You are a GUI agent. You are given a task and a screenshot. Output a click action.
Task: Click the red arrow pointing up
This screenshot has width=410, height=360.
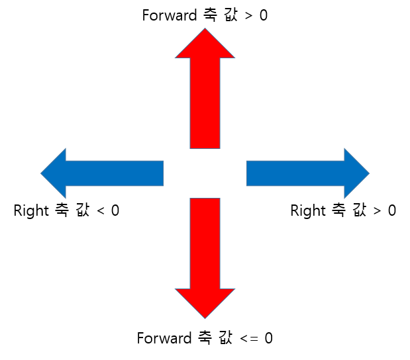205,99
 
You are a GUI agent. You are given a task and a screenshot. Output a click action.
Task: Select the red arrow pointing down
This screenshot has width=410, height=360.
205,245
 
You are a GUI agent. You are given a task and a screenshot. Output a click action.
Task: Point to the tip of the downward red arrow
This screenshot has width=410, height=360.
205,315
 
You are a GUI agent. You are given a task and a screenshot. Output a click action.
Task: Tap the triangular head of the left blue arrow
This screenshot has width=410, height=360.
55,173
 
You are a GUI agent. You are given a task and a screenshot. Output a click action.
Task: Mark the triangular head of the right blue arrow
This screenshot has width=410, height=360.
355,173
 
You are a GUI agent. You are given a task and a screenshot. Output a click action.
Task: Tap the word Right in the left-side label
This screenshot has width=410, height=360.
31,211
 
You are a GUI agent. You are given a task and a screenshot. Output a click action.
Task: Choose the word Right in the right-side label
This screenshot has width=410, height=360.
308,211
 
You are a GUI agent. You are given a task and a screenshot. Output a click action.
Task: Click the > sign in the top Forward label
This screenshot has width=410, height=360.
248,16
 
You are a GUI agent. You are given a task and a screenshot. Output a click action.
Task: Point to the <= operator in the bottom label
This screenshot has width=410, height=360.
249,339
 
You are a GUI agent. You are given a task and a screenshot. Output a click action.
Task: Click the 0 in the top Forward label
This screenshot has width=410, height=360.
264,15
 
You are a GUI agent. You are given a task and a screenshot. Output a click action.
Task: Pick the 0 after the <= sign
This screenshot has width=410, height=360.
268,338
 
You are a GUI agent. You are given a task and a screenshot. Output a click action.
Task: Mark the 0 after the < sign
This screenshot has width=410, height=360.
115,211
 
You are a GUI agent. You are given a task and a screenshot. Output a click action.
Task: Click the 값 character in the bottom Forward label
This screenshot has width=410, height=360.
225,338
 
